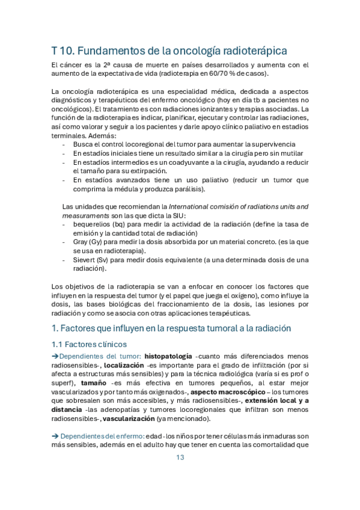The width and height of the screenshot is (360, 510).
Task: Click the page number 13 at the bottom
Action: (x=180, y=458)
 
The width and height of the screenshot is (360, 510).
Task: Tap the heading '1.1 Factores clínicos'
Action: (x=89, y=344)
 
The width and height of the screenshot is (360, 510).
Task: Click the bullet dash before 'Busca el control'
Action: (x=65, y=145)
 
